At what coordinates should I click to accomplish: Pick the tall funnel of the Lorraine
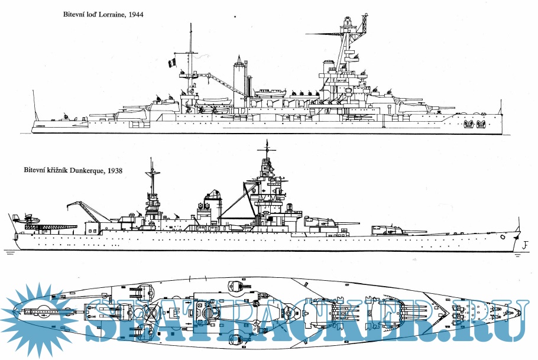tap(239, 77)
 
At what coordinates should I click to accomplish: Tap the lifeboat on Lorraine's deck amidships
tap(270, 92)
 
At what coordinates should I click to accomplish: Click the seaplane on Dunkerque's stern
tap(27, 220)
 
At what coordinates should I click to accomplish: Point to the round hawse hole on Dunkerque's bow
tap(503, 236)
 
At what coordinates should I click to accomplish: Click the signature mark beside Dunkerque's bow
tap(525, 244)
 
